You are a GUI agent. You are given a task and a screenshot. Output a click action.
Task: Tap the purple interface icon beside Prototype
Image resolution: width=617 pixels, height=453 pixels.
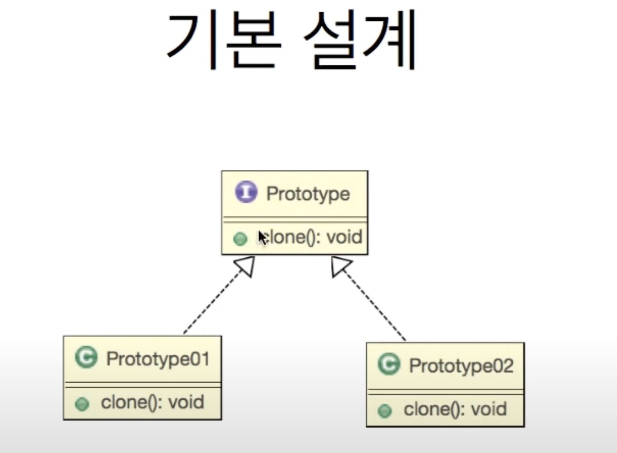tap(246, 192)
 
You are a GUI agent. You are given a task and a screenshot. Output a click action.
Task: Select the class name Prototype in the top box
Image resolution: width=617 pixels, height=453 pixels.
tap(308, 194)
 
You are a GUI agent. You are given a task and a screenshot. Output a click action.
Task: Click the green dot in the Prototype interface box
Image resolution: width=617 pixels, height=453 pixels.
tap(240, 238)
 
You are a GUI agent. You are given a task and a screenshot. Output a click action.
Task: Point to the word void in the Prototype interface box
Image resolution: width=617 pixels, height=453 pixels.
tap(344, 237)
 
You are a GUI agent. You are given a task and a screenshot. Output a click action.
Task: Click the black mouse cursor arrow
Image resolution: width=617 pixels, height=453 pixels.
tap(262, 237)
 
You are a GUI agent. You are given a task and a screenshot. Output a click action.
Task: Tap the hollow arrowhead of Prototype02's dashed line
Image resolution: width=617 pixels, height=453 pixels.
tap(340, 266)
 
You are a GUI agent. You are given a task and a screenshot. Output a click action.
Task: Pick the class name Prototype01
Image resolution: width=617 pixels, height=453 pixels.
tap(158, 359)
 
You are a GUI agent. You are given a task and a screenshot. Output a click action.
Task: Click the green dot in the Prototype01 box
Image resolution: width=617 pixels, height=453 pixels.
tap(82, 404)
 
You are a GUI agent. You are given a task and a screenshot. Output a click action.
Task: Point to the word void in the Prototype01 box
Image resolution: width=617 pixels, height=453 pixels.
tap(186, 402)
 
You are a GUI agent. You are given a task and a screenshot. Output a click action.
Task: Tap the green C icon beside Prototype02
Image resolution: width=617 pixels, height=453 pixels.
tap(389, 364)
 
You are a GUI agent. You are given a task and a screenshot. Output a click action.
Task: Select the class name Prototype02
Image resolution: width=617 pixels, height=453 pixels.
tap(461, 366)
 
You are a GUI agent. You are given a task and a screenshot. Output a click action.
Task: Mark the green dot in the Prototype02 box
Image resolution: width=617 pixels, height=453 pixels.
tap(385, 411)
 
